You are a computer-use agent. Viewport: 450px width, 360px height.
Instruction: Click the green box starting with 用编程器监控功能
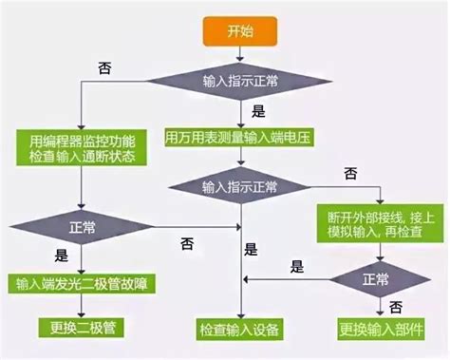click(79, 147)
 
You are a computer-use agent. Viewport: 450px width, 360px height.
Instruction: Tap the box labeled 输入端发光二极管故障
click(79, 285)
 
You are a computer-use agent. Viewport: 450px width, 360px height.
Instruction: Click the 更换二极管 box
click(79, 329)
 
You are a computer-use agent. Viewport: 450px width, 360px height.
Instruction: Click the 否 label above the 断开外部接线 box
click(350, 173)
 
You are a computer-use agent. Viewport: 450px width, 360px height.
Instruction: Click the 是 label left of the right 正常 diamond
click(297, 267)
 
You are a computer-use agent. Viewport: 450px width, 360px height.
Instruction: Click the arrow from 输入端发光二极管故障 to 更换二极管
click(79, 307)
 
